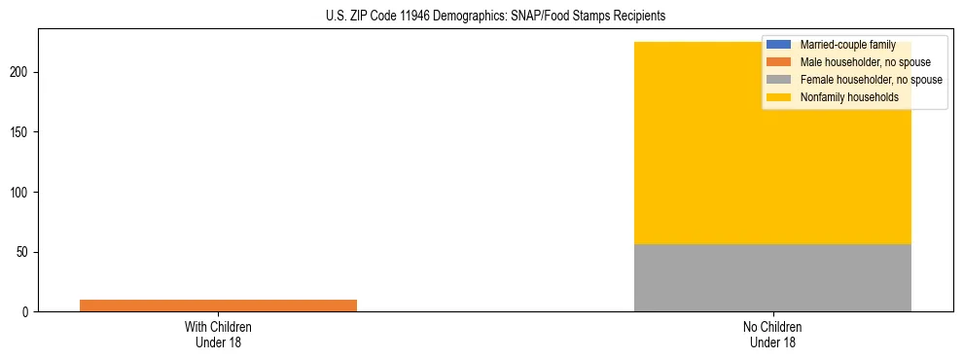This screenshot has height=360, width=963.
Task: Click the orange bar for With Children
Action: pos(218,306)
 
